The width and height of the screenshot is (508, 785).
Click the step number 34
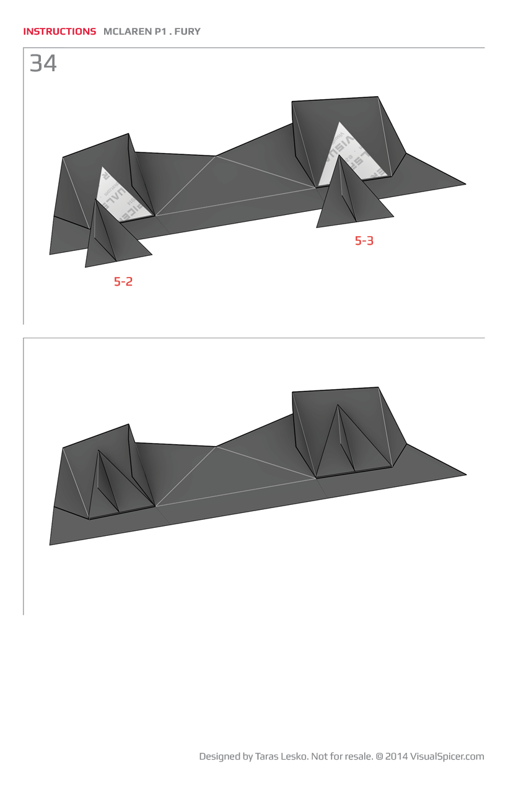(x=43, y=63)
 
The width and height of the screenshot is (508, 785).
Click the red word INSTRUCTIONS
(x=59, y=31)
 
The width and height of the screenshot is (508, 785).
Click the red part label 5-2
(x=123, y=281)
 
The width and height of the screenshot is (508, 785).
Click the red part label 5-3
(x=364, y=241)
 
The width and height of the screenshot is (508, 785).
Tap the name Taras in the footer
(x=268, y=756)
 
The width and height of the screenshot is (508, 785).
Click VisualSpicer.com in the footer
(x=447, y=756)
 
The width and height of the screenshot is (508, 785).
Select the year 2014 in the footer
(x=396, y=756)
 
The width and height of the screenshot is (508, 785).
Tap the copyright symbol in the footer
(x=379, y=756)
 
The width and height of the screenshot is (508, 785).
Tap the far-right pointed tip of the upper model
(x=464, y=183)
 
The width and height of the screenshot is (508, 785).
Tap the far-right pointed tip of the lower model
(x=464, y=475)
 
